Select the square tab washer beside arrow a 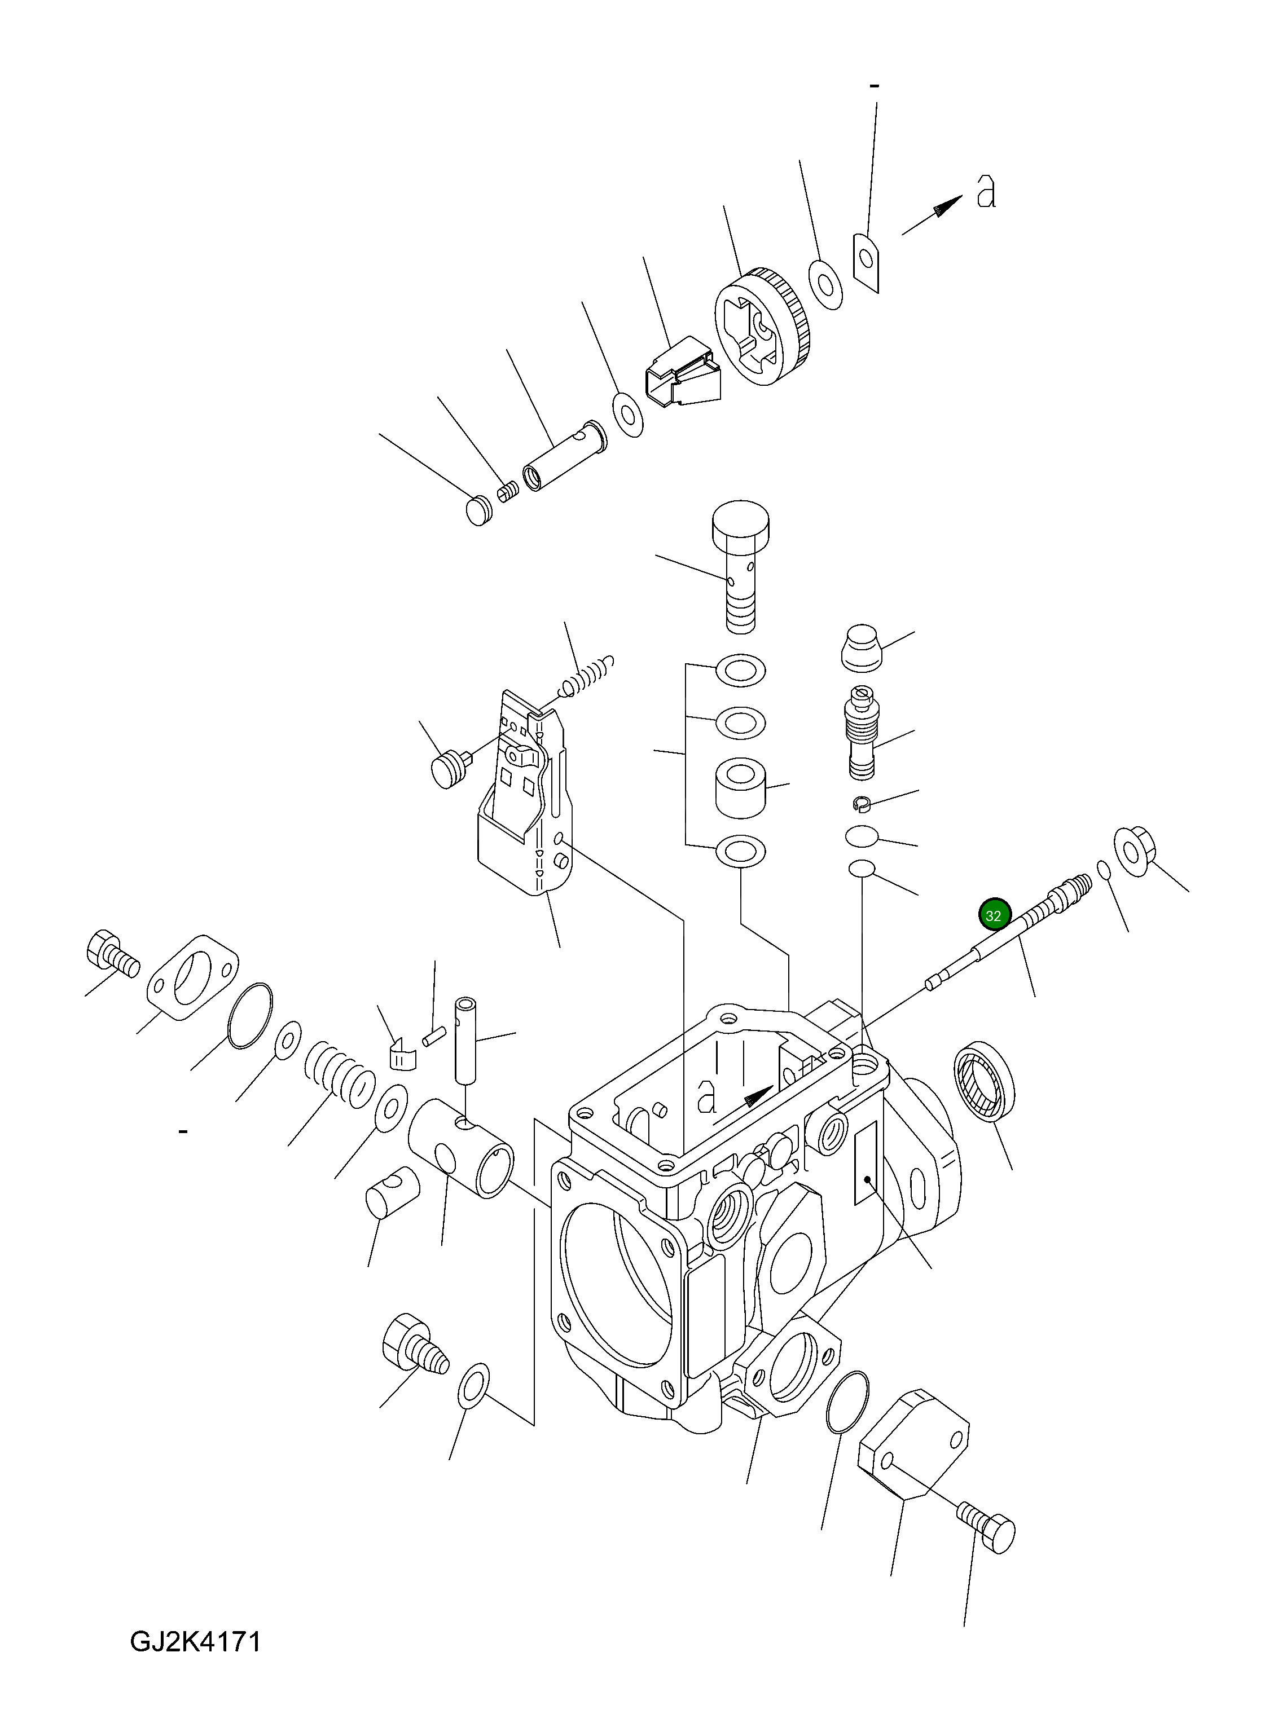[868, 263]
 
